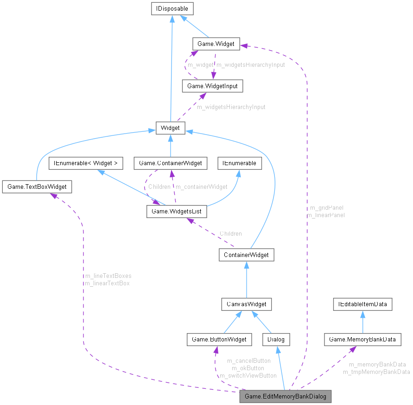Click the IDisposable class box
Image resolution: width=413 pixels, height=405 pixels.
pos(172,8)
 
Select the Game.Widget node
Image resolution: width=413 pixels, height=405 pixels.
pos(216,44)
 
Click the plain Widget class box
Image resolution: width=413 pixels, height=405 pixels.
pos(171,128)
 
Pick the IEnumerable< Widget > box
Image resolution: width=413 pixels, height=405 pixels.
pos(86,163)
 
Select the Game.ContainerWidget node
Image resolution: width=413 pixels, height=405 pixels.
pos(171,163)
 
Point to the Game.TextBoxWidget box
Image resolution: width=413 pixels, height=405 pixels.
pos(37,187)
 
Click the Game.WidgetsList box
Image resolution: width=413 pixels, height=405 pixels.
pos(177,212)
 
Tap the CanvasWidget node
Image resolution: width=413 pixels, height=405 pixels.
pos(246,304)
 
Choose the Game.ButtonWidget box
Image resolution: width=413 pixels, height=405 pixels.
pos(219,340)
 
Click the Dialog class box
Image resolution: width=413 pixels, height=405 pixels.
pos(276,340)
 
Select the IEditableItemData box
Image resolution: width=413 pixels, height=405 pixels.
pos(363,304)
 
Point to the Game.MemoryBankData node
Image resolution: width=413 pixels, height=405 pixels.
pos(362,340)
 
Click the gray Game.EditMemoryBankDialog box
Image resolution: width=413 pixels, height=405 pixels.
pos(285,397)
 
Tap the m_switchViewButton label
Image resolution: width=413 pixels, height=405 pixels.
pos(248,375)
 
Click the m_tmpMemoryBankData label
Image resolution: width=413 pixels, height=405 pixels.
pos(376,372)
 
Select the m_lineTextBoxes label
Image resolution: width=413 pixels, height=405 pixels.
pos(108,276)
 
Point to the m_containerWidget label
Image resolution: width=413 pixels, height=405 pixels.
pos(201,187)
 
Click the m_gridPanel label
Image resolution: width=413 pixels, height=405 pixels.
pos(326,207)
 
